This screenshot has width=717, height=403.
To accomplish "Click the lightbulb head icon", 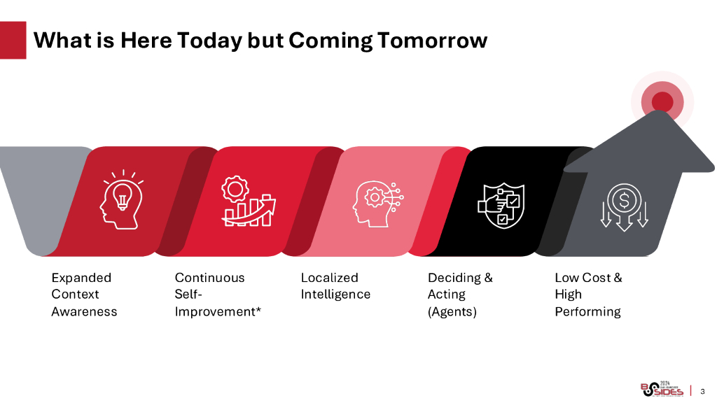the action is [122, 199].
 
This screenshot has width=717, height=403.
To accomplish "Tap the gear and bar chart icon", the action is [249, 201].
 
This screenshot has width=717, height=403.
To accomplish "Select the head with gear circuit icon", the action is [377, 204].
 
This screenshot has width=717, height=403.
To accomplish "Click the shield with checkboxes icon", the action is [501, 206].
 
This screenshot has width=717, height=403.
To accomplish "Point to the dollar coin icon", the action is [624, 207].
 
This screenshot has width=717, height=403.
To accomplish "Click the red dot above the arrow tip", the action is [662, 101].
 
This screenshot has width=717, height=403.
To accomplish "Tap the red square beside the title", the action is [13, 40].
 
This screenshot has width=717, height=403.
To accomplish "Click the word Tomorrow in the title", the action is [433, 40].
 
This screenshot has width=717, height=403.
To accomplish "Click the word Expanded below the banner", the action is [81, 278].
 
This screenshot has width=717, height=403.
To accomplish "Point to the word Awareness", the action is [84, 311].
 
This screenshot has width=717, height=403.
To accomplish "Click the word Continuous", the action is [210, 278].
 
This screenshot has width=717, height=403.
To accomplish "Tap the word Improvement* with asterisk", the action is [218, 311].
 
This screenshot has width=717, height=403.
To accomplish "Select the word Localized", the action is [330, 278].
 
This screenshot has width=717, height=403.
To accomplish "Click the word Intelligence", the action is [335, 295].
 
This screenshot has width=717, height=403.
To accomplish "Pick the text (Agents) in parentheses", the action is [452, 312].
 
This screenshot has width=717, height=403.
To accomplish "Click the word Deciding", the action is [454, 278].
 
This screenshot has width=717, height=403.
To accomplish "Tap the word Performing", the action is [588, 312].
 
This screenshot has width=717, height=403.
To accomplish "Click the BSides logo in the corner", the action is [662, 389].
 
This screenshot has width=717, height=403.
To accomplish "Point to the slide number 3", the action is [703, 392].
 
